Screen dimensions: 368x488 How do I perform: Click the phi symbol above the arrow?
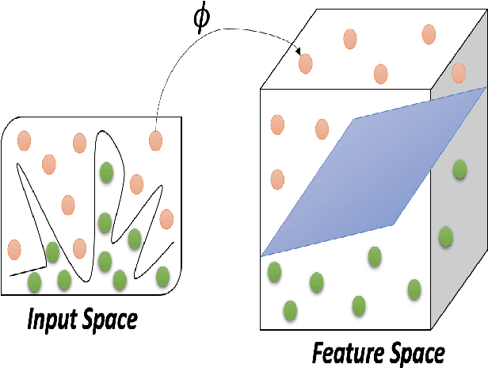click(x=202, y=17)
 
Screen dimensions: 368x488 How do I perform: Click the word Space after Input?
click(x=110, y=320)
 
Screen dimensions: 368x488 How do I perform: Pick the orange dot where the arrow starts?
click(x=156, y=141)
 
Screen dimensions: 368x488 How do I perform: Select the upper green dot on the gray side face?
click(x=459, y=169)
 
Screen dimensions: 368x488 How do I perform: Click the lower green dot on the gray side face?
click(x=446, y=236)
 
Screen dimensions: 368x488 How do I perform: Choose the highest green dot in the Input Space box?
click(x=105, y=172)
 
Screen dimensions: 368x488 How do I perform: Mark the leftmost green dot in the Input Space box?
click(x=34, y=282)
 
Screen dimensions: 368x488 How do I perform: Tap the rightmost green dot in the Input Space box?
click(x=163, y=276)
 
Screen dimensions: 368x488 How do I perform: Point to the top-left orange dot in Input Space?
click(x=23, y=140)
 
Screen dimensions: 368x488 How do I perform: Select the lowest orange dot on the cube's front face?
click(x=277, y=179)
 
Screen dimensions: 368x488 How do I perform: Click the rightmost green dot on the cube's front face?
click(x=414, y=289)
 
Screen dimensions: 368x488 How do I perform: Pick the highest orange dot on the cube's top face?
click(x=429, y=34)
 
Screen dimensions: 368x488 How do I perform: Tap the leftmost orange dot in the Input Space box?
click(x=14, y=250)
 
